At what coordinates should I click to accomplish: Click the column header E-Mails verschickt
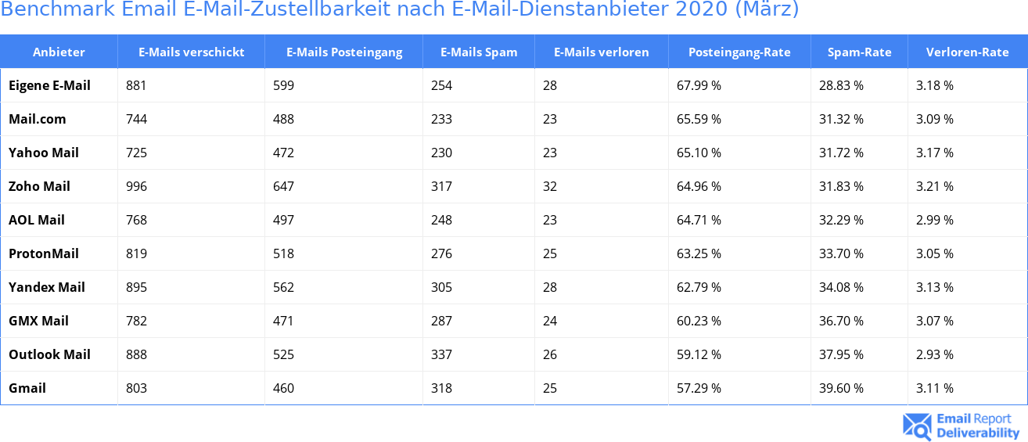tap(191, 52)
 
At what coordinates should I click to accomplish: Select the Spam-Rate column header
tap(859, 52)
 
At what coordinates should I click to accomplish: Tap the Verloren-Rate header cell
tap(967, 52)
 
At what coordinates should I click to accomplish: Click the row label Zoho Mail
tap(39, 186)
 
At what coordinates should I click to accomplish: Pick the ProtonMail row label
tap(44, 253)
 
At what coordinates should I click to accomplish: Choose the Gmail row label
tap(27, 388)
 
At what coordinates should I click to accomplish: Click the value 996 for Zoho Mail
tap(137, 186)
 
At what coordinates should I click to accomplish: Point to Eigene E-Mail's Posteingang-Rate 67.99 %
tap(699, 85)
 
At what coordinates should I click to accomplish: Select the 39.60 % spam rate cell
tap(841, 388)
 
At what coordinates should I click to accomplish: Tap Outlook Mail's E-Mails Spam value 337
tap(441, 354)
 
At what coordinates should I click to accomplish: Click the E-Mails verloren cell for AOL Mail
tap(550, 220)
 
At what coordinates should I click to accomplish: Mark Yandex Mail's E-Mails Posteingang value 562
tap(283, 287)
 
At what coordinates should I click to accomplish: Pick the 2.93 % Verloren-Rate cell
tap(935, 354)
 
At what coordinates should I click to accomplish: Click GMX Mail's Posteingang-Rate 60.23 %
tap(699, 321)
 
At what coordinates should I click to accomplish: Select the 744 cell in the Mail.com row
tap(137, 119)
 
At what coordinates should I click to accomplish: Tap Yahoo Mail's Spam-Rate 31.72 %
tap(841, 153)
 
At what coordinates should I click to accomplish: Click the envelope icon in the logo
tap(917, 426)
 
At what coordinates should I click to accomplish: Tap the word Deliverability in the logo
tap(978, 433)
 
